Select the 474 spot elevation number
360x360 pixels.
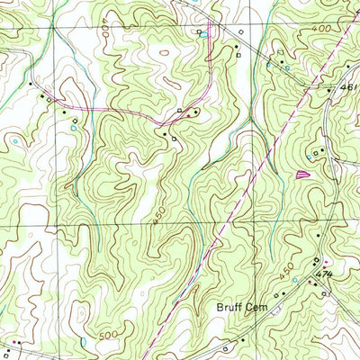tap(326, 274)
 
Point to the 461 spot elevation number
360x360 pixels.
tap(349, 87)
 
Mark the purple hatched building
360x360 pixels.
tap(301, 172)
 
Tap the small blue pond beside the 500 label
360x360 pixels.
tap(83, 341)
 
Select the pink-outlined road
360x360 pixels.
tap(108, 110)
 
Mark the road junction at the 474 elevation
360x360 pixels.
tap(316, 270)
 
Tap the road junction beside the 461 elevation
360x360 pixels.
tap(334, 90)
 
